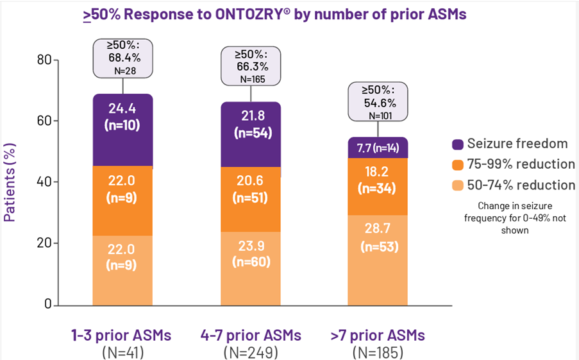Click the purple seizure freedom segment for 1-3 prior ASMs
click(122, 130)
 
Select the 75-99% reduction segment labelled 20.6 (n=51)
click(251, 199)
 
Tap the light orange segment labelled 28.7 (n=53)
click(378, 260)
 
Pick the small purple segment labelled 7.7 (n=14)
click(378, 148)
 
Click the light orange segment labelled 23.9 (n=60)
click(251, 268)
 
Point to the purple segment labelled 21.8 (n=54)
click(251, 134)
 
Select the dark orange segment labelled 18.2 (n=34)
click(378, 187)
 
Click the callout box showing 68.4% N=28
click(123, 58)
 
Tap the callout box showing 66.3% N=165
click(251, 66)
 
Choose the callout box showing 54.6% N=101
click(378, 101)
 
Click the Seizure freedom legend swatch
click(458, 144)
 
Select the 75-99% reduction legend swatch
click(458, 165)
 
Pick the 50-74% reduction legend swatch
click(458, 185)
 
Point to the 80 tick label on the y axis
click(44, 60)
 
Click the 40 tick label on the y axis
click(44, 182)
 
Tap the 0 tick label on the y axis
click(48, 304)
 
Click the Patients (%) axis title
click(10, 183)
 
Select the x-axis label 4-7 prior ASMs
click(251, 336)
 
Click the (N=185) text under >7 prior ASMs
click(378, 352)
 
